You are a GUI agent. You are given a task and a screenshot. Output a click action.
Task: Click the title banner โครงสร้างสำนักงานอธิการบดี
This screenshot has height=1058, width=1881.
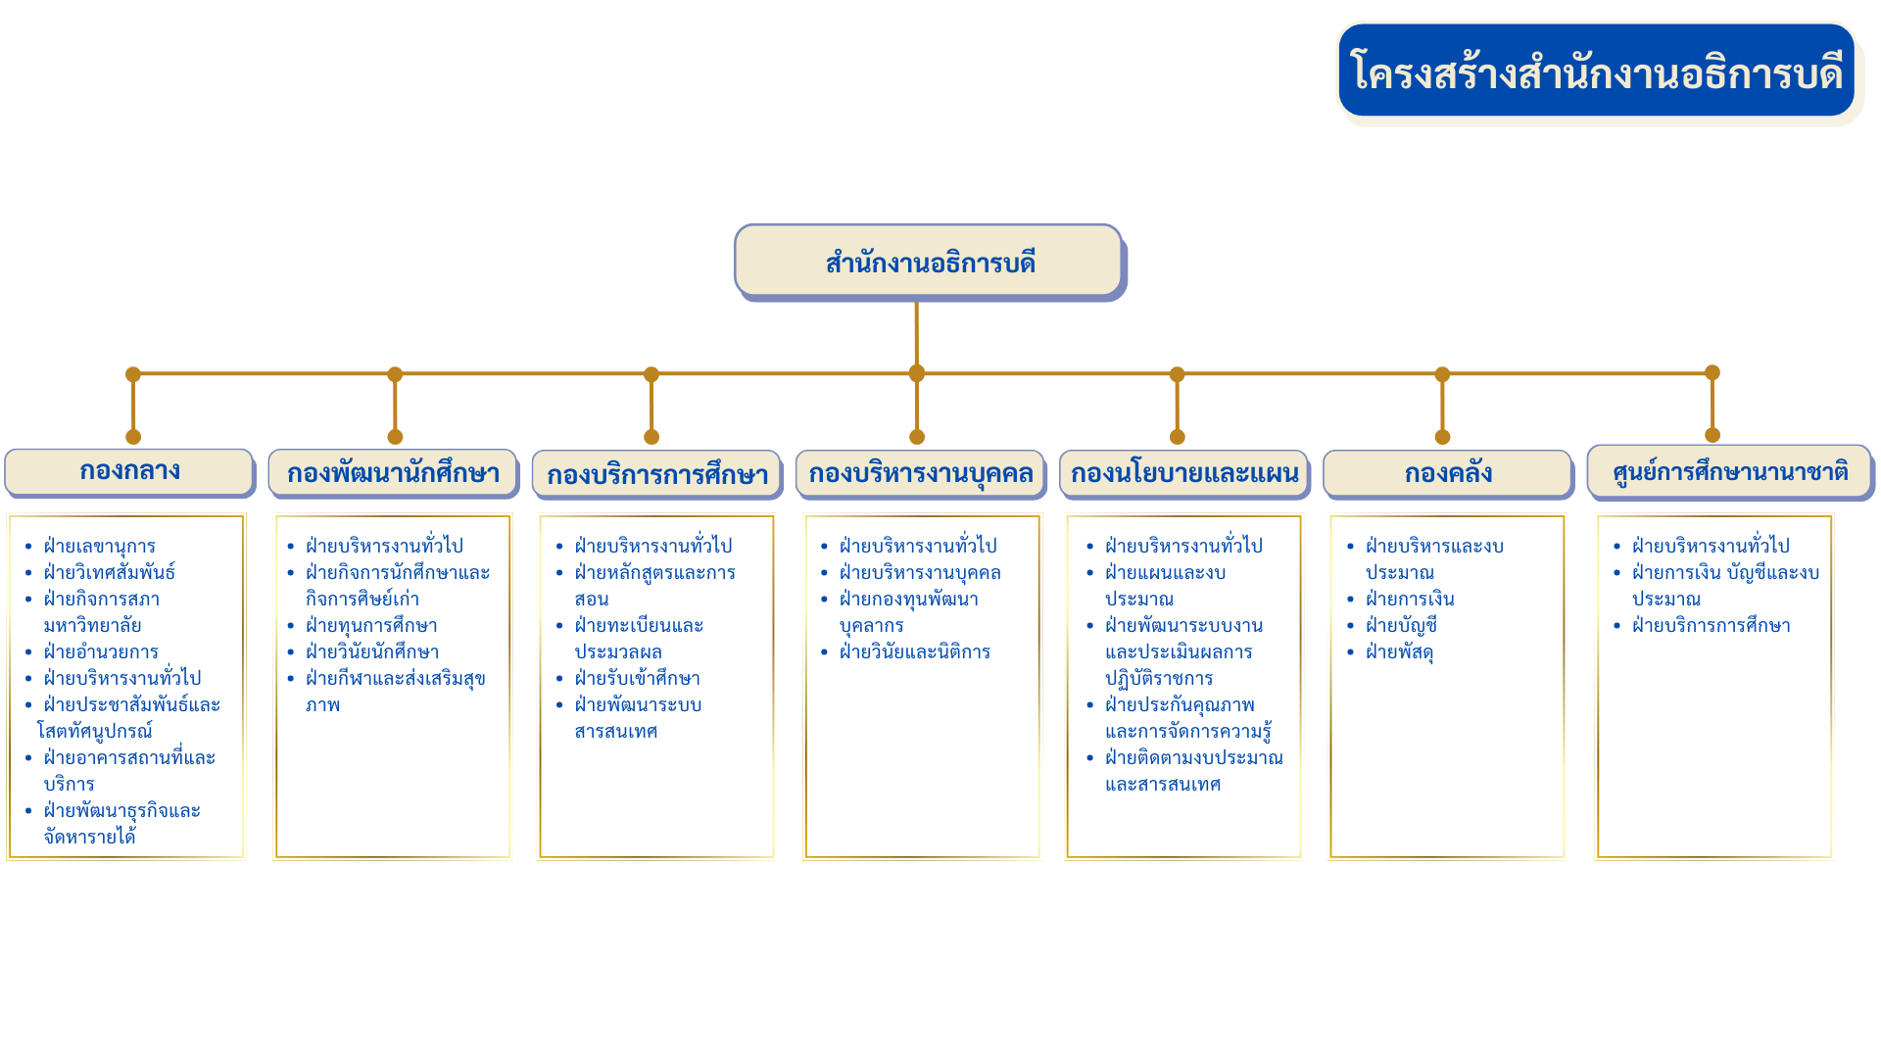[x=1597, y=71]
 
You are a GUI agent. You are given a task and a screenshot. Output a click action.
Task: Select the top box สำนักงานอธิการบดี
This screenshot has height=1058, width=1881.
[x=929, y=262]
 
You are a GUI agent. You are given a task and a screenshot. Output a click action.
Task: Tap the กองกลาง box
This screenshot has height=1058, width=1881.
[x=129, y=471]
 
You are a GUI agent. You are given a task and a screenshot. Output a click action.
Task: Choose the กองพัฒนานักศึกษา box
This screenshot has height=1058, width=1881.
[x=393, y=473]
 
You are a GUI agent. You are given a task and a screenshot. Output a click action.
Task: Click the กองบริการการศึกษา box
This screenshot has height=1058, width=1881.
[x=656, y=475]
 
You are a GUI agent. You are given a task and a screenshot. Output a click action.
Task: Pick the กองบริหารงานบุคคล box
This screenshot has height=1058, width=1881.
[x=920, y=474]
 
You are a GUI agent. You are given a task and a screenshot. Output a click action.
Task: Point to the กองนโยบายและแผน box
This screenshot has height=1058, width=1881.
[x=1183, y=474]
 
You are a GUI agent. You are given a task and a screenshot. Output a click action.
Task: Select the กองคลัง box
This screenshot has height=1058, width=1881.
[x=1447, y=474]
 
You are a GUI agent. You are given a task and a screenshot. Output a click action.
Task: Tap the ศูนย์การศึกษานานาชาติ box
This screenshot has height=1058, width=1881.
[x=1729, y=472]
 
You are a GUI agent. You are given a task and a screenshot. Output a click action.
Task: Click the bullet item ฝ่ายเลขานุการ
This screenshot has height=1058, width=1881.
[x=99, y=547]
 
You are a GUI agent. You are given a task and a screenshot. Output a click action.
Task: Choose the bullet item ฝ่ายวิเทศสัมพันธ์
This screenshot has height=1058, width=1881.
[x=109, y=572]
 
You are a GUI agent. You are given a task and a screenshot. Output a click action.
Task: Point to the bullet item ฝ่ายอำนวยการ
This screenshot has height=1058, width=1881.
[x=101, y=652]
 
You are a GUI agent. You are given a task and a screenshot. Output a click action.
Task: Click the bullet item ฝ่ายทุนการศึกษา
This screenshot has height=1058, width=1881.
[x=371, y=626]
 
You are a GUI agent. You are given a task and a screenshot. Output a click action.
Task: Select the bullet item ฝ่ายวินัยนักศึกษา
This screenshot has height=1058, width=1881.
[x=372, y=652]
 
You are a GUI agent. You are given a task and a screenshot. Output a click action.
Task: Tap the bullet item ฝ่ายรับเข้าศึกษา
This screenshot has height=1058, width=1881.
[x=637, y=679]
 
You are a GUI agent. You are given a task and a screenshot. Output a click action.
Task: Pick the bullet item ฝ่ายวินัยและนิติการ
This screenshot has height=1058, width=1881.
[x=914, y=652]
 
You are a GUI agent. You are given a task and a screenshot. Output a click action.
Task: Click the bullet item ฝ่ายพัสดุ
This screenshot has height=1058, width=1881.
[x=1399, y=652]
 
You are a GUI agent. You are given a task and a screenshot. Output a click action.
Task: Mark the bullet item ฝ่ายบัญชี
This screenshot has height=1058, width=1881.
[x=1401, y=626]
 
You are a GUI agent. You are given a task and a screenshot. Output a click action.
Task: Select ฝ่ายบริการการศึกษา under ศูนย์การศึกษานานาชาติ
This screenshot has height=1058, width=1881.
[x=1711, y=626]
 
